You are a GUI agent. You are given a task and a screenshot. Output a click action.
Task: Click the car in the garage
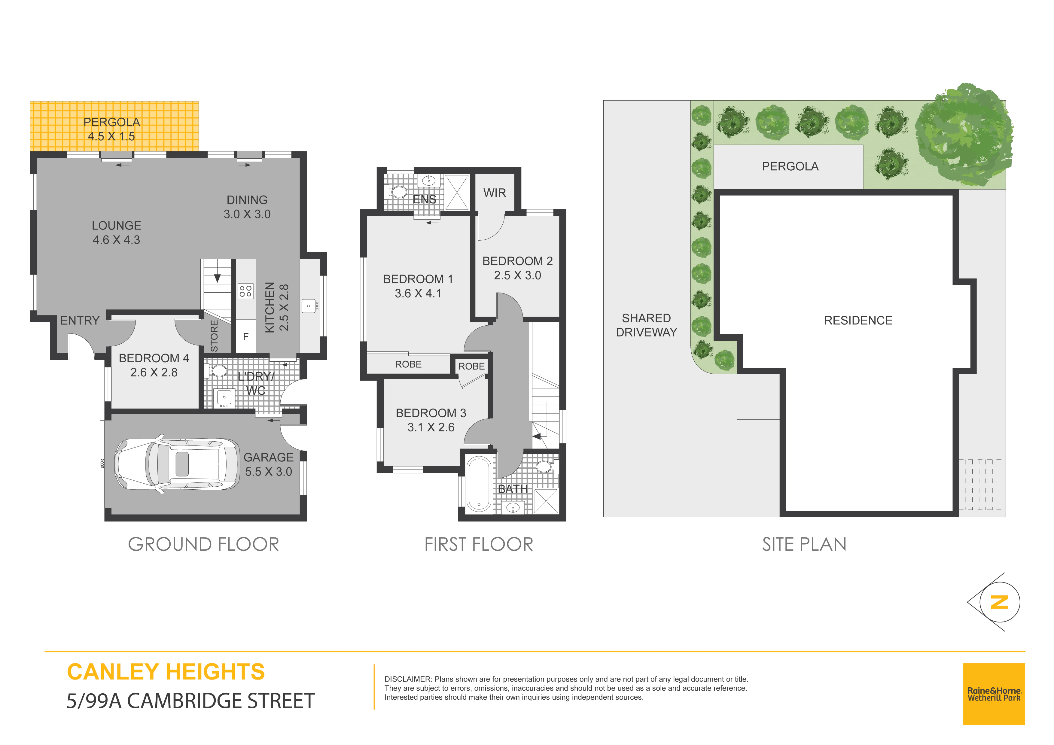(x=177, y=464)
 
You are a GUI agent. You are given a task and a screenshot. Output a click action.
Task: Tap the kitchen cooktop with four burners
(x=245, y=291)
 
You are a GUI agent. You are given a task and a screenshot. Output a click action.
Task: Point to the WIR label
(x=495, y=193)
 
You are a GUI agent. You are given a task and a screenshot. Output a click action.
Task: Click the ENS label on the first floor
(x=424, y=199)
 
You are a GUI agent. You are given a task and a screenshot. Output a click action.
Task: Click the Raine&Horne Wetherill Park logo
(x=994, y=694)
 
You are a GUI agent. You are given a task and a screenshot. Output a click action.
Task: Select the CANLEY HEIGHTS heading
(x=166, y=672)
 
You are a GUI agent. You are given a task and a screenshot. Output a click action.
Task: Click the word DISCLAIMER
(x=408, y=679)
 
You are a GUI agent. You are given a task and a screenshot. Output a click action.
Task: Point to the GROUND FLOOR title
(x=203, y=544)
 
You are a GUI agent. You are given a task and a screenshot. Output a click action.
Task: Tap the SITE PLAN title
(x=804, y=544)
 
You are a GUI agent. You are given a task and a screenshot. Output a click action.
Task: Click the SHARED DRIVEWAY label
(x=646, y=325)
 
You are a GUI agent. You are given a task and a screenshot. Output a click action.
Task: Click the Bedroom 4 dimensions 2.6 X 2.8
(x=154, y=372)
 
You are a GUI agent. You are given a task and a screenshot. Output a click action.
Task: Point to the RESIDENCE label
(x=858, y=321)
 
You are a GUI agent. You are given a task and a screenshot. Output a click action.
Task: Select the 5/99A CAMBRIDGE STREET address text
(x=190, y=701)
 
